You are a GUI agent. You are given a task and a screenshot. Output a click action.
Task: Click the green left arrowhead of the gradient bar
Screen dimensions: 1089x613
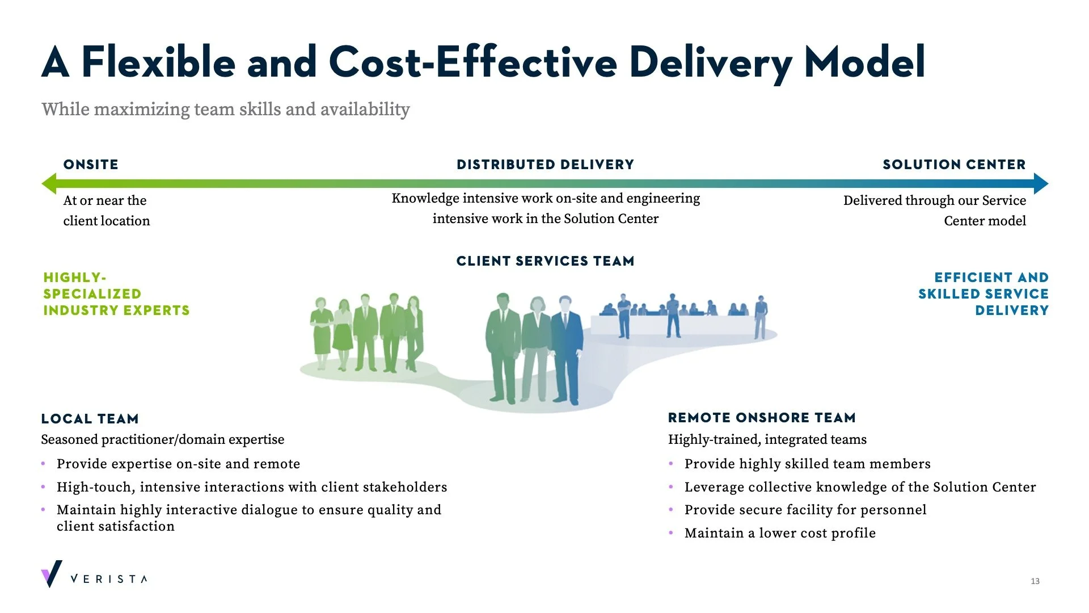pos(49,183)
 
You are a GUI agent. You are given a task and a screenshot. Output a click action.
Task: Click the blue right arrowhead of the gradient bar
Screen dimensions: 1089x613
pos(1041,183)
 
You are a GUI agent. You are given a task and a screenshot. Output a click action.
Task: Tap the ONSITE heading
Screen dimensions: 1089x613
pos(91,165)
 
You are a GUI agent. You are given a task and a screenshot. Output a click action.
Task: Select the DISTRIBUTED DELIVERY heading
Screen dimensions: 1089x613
pos(545,165)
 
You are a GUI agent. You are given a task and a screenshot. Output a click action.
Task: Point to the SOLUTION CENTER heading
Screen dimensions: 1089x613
pos(954,165)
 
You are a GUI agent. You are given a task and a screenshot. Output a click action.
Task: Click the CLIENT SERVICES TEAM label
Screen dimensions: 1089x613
pos(545,261)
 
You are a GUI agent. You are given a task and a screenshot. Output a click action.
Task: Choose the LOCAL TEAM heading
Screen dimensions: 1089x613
pos(90,419)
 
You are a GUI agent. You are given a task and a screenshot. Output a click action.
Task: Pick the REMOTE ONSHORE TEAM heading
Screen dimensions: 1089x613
pos(762,418)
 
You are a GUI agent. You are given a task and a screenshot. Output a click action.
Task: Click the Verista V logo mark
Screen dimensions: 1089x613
pos(52,574)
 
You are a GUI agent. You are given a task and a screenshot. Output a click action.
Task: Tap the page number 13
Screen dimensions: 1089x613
pos(1035,581)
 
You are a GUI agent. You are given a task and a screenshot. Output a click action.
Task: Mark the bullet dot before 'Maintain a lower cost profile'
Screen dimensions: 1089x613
pos(671,533)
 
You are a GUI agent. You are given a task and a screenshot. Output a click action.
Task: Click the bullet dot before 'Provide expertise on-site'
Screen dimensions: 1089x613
pos(43,464)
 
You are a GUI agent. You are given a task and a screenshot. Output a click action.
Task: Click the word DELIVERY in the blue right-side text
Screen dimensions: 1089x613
pos(1012,310)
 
